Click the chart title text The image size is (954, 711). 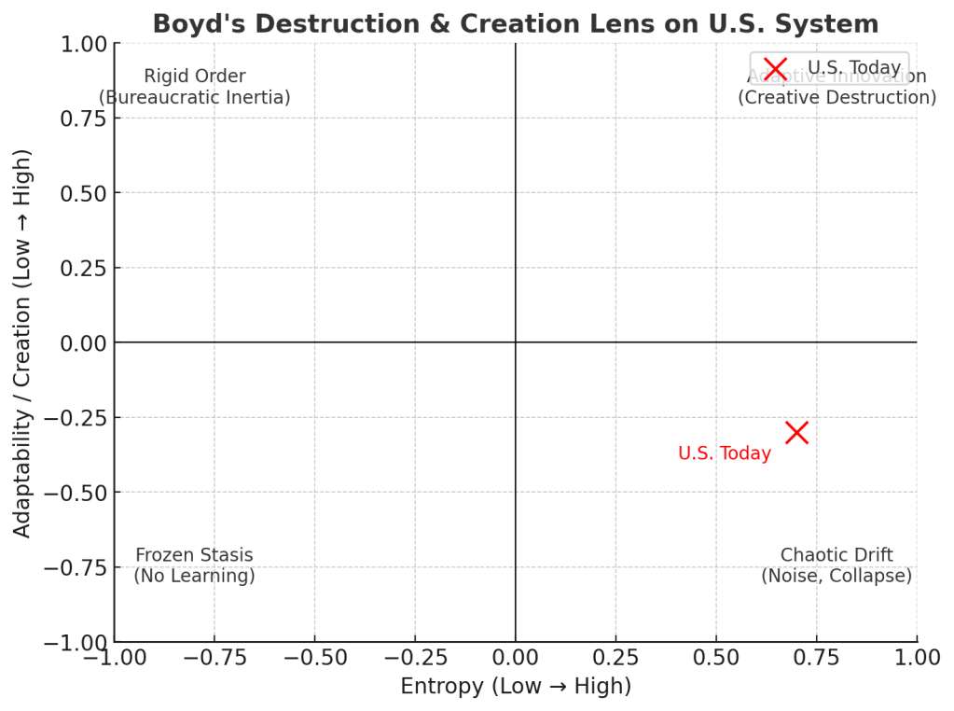coord(515,23)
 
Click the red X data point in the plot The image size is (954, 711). coord(796,432)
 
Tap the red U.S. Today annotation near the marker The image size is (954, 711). coord(725,454)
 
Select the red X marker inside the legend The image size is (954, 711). coord(775,68)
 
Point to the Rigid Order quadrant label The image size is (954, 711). coord(195,77)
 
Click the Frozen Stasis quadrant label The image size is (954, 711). coord(194,555)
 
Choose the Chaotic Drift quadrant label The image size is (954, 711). coord(836,555)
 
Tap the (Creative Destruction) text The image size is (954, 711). coord(836,97)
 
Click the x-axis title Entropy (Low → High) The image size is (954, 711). coord(516,687)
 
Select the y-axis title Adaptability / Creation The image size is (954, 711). coord(22,342)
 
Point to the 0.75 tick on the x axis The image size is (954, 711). coord(817,658)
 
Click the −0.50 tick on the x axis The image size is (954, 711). coord(314,658)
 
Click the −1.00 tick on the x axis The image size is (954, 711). coord(114,658)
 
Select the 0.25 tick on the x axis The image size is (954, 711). coord(615,658)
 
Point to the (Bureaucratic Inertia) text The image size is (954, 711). coord(195,97)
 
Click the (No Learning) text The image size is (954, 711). coord(194,576)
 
